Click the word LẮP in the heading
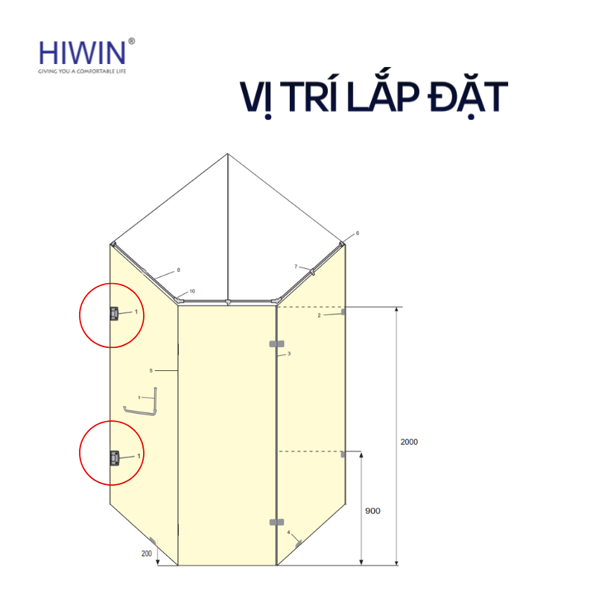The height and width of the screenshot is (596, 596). click(367, 98)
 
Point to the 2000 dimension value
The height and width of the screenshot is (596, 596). click(409, 442)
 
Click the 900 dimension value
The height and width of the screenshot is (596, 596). click(372, 511)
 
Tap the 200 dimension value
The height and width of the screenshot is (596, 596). click(147, 554)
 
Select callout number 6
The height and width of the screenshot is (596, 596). click(357, 233)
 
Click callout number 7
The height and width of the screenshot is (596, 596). click(296, 266)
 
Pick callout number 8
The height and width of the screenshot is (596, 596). click(179, 270)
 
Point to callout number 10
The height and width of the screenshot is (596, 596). click(191, 291)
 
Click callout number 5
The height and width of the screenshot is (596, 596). click(151, 370)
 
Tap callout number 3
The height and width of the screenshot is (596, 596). click(288, 353)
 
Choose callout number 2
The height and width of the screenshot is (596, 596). click(320, 316)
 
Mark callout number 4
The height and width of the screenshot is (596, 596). click(288, 532)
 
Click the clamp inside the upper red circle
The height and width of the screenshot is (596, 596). click(114, 314)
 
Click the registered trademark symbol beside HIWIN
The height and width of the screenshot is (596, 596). click(132, 42)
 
